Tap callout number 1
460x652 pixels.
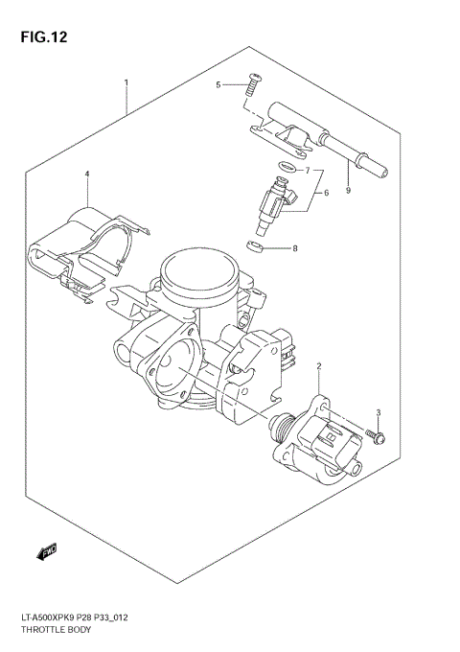coord(126,82)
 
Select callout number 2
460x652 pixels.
coord(318,366)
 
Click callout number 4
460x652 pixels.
coord(86,175)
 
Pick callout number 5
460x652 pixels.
coord(218,85)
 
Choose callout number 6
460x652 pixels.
coord(326,193)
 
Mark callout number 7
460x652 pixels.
coord(308,171)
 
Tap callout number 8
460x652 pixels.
coord(295,249)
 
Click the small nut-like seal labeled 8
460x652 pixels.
coord(254,248)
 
